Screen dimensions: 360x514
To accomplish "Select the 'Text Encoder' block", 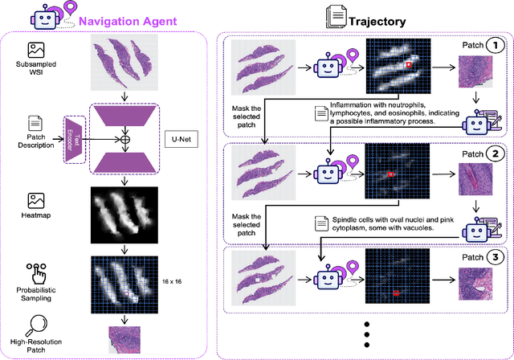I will coord(73,137).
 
